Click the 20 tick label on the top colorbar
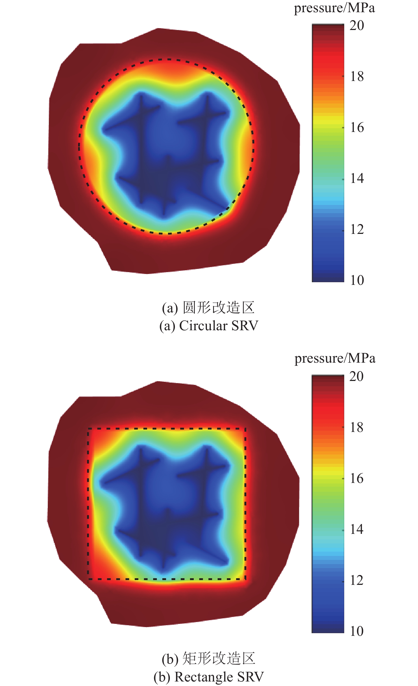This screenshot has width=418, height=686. click(x=357, y=25)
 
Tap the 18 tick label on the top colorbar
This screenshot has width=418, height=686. click(x=357, y=76)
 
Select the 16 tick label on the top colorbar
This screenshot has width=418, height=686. click(x=357, y=127)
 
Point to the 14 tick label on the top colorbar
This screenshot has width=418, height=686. click(x=357, y=178)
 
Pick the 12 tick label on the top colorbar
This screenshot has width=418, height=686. click(x=357, y=229)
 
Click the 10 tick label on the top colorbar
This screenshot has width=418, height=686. click(x=357, y=280)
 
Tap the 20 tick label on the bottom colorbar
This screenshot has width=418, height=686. click(x=356, y=376)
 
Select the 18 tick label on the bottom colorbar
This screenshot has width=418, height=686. click(x=356, y=427)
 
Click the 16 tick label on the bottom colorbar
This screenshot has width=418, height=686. click(x=356, y=478)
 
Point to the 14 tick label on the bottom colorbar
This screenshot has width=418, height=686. click(x=356, y=529)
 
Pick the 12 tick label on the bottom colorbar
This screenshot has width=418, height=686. click(x=356, y=580)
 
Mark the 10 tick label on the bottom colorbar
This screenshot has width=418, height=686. click(x=356, y=631)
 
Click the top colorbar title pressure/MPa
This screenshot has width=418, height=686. click(x=334, y=8)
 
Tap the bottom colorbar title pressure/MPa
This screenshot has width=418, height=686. click(x=335, y=359)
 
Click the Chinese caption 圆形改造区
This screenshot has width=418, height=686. click(x=218, y=308)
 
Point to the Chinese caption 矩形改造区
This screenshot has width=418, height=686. click(x=218, y=659)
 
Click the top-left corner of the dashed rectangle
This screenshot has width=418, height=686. click(x=88, y=429)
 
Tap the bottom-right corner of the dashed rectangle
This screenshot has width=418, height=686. click(x=245, y=579)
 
